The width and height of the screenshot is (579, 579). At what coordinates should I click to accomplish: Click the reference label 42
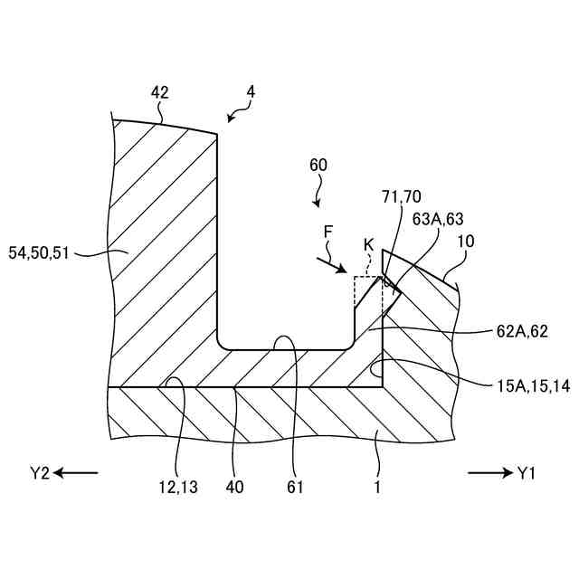point(160,92)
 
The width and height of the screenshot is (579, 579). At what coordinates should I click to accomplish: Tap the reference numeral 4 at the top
point(251,91)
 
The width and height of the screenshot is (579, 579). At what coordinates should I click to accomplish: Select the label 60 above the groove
point(318,165)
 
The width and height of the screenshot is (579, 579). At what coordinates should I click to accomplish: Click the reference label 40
point(233,488)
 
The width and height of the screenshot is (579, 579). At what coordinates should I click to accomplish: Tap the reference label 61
point(294,488)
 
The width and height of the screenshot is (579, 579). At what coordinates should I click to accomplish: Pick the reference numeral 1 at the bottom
point(377,488)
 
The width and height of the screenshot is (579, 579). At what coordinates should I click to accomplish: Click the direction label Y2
point(39,472)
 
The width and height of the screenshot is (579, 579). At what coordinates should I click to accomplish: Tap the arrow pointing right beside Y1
point(489,472)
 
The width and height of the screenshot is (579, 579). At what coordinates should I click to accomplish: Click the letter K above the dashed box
point(368,246)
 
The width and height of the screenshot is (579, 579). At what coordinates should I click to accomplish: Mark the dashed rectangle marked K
point(368,294)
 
